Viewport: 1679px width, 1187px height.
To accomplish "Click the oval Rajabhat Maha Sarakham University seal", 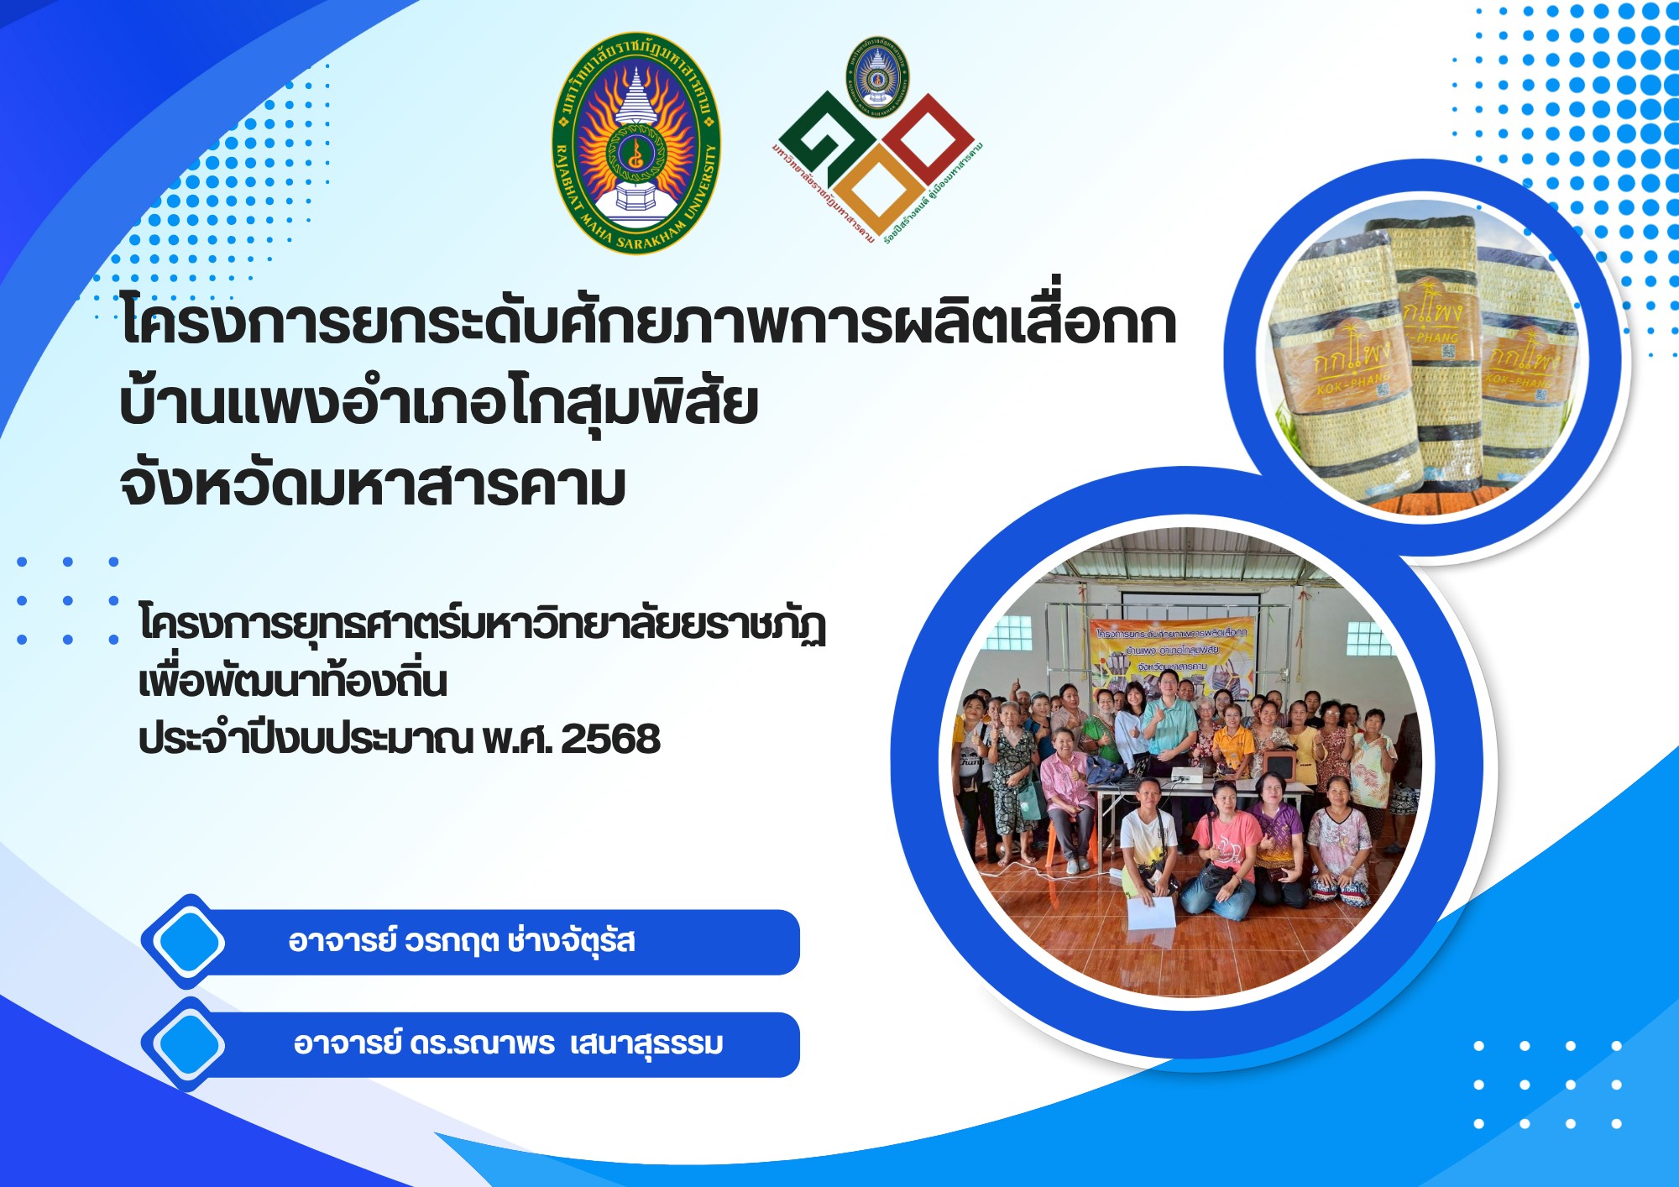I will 636,144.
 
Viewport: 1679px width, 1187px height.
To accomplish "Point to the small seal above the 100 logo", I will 877,76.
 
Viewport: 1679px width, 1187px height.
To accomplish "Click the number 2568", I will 610,739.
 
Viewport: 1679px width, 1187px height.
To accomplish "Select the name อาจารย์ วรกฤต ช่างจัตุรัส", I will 461,941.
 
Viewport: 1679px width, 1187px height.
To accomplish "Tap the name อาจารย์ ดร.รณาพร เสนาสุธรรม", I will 508,1044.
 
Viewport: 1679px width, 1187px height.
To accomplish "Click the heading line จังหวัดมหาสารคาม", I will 373,485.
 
